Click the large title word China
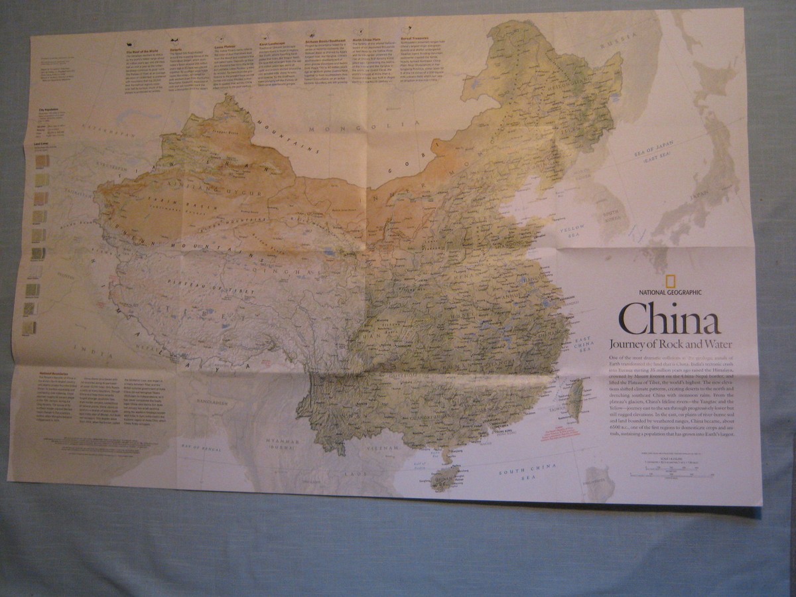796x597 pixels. click(670, 318)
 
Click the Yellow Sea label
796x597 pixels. click(571, 232)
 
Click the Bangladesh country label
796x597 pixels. click(212, 402)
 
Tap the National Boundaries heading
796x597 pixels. click(56, 375)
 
